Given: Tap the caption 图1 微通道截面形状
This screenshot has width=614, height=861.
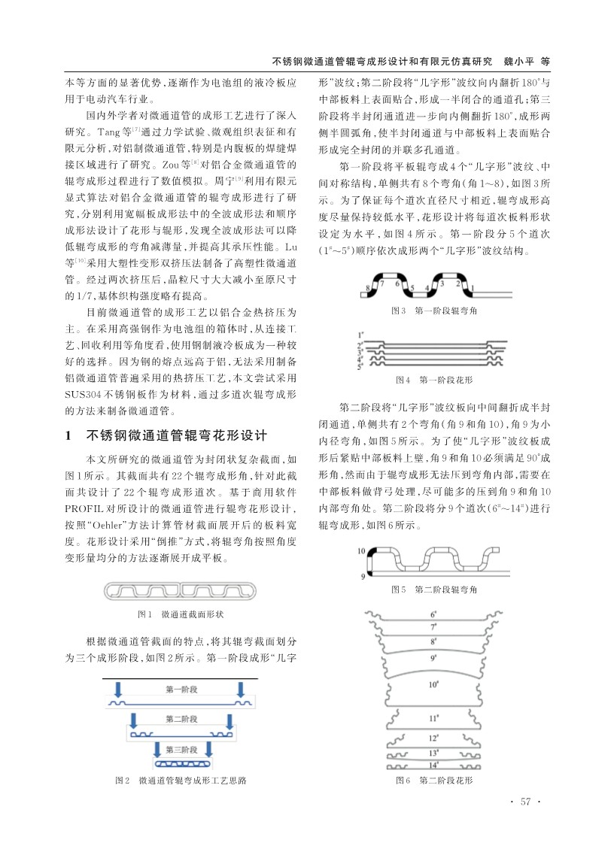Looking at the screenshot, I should (181, 614).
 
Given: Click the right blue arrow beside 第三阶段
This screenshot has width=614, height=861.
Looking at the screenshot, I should (207, 749).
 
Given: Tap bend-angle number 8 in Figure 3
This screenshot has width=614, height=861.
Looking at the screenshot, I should (368, 287).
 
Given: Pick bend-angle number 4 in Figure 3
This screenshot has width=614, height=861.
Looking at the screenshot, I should (427, 286).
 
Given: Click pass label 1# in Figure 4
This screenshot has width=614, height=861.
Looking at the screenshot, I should (362, 333).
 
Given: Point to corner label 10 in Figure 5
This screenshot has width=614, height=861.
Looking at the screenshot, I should (362, 552).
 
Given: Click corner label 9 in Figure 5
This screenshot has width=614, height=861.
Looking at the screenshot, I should (362, 575).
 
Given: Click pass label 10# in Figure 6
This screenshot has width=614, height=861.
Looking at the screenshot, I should (434, 684).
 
